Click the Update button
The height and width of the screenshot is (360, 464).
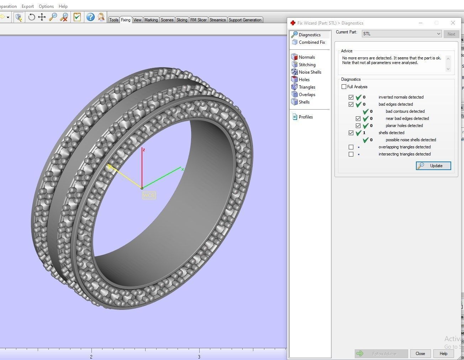click(433, 166)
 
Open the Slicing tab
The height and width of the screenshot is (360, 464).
click(181, 20)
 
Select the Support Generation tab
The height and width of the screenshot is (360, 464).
click(245, 20)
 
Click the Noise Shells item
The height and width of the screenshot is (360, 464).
click(310, 72)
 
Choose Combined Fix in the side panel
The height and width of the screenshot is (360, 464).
click(312, 42)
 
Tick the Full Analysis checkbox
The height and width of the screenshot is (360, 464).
click(344, 87)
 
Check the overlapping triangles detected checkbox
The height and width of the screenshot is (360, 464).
click(351, 147)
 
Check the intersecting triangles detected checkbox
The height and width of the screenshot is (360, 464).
click(351, 154)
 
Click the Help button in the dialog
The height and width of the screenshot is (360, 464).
click(443, 354)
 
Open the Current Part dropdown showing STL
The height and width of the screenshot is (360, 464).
click(402, 34)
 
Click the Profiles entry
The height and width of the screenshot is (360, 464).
click(305, 117)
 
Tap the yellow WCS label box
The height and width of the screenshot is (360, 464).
click(149, 195)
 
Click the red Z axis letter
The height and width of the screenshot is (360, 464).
click(144, 150)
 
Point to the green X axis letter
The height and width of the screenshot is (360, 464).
click(183, 170)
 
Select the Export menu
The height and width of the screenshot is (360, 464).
click(28, 6)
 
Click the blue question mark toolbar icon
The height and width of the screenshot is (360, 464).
click(90, 17)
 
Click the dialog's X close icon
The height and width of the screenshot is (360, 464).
click(453, 23)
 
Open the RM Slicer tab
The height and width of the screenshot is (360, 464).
click(198, 20)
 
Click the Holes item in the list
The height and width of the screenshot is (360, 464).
click(304, 80)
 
